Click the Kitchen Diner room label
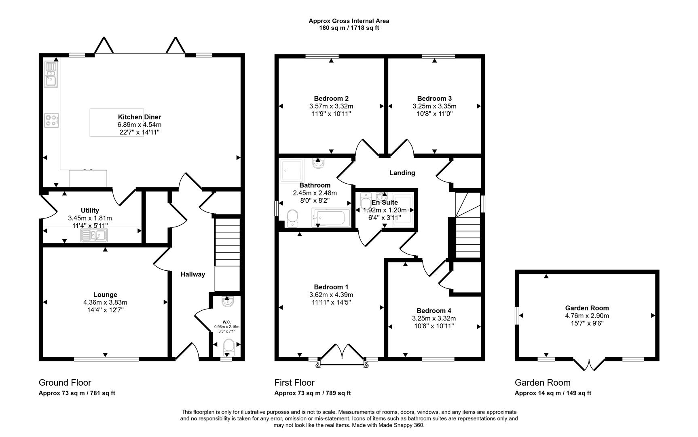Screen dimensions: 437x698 pyautogui.click(x=139, y=117)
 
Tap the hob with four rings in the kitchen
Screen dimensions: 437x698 pyautogui.click(x=52, y=120)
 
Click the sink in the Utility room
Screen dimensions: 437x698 pyautogui.click(x=94, y=235)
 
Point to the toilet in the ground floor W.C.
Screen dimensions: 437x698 pyautogui.click(x=229, y=347)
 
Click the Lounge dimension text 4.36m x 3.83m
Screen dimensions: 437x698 pyautogui.click(x=105, y=302)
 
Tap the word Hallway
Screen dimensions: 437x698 pyautogui.click(x=192, y=274)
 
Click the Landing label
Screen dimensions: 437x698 pyautogui.click(x=402, y=173)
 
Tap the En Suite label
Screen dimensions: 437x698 pyautogui.click(x=385, y=202)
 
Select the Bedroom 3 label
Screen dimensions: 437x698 pyautogui.click(x=434, y=98)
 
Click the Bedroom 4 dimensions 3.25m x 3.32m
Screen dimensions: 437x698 pyautogui.click(x=434, y=318)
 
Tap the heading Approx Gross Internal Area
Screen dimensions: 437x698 pyautogui.click(x=349, y=21)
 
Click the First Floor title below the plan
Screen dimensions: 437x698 pyautogui.click(x=294, y=382)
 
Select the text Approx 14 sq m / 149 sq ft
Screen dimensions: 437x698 pyautogui.click(x=552, y=393)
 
